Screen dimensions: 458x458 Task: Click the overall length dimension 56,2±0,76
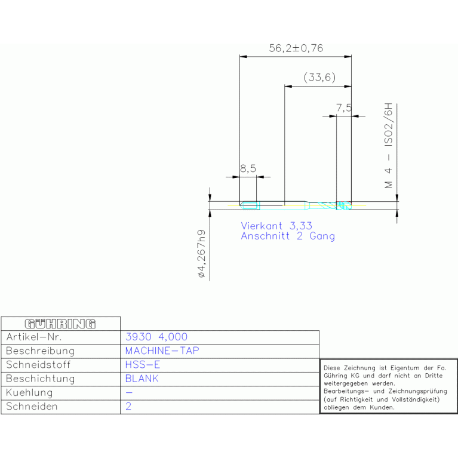(x=296, y=48)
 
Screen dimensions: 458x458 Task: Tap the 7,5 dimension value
(x=344, y=107)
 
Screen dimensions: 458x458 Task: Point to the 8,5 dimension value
(x=248, y=168)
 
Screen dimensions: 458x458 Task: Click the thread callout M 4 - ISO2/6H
(x=389, y=146)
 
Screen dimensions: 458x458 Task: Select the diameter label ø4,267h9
(x=202, y=254)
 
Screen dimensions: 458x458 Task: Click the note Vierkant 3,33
(x=276, y=226)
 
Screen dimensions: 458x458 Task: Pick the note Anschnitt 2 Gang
(x=288, y=236)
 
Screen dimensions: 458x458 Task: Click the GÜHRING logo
(x=60, y=324)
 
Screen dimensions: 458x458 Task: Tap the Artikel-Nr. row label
(x=34, y=337)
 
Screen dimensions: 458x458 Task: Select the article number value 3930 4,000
(x=156, y=337)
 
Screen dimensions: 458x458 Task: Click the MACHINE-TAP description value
(x=162, y=351)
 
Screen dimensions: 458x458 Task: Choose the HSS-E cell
(x=143, y=364)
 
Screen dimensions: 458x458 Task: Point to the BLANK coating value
(x=142, y=379)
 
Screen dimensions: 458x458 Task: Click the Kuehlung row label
(x=29, y=392)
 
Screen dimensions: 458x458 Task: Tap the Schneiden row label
(x=32, y=406)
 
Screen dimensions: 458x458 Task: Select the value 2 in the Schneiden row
(x=128, y=406)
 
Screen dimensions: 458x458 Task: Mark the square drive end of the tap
(x=250, y=205)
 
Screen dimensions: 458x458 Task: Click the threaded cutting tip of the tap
(x=344, y=205)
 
